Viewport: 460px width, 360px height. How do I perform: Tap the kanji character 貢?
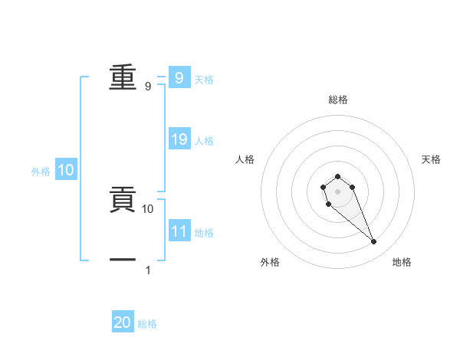pos(123,199)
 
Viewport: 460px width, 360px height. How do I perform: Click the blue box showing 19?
pos(179,139)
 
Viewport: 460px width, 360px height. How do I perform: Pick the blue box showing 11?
pos(179,231)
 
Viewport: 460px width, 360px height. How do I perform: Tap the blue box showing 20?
pos(123,322)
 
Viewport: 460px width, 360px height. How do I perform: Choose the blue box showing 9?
pos(179,77)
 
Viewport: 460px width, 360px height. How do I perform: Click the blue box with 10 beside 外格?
pos(66,170)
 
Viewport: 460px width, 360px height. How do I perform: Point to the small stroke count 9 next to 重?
pos(148,87)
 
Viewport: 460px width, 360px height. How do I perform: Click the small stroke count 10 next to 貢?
pos(148,208)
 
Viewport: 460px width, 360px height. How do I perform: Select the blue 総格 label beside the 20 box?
pos(147,324)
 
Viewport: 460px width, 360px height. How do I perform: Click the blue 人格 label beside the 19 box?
pos(205,141)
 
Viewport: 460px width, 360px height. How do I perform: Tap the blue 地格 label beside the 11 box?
pos(205,232)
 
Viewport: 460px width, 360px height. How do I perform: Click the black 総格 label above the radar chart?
pos(337,100)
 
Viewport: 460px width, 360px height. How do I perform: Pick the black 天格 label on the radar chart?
pos(431,159)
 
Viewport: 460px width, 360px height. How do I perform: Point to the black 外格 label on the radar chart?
pos(270,262)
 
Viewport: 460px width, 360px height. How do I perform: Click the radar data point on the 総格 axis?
pos(337,176)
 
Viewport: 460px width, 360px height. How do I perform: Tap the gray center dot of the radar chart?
pos(337,191)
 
